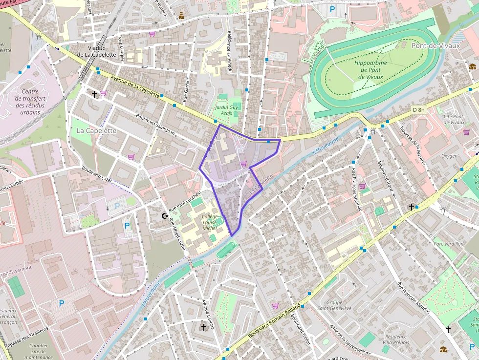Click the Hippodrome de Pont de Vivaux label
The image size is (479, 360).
tap(370, 70)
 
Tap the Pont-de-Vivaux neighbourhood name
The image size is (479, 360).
tap(436, 46)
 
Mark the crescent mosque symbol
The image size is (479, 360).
tap(165, 215)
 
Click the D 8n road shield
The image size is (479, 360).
tap(418, 110)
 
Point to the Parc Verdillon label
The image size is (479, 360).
tap(448, 243)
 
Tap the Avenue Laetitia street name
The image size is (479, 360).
tap(208, 315)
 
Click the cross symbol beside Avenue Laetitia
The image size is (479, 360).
tap(204, 326)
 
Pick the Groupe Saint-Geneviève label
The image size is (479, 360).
tap(334, 305)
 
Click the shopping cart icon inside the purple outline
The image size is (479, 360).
tap(243, 163)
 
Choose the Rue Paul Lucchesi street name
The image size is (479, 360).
tap(185, 202)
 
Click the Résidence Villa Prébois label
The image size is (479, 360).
tap(395, 339)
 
